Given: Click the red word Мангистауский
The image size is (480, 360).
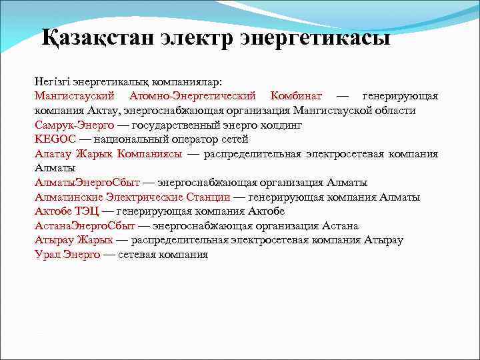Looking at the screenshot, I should click(74, 96).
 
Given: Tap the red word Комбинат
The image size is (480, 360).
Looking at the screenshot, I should click(296, 96).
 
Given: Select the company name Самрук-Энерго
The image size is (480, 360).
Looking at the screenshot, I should click(74, 125).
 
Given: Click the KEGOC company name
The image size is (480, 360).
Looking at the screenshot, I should click(54, 139).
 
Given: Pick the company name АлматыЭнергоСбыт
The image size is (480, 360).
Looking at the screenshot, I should click(87, 183).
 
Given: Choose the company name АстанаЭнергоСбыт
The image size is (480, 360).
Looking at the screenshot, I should click(85, 226).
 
